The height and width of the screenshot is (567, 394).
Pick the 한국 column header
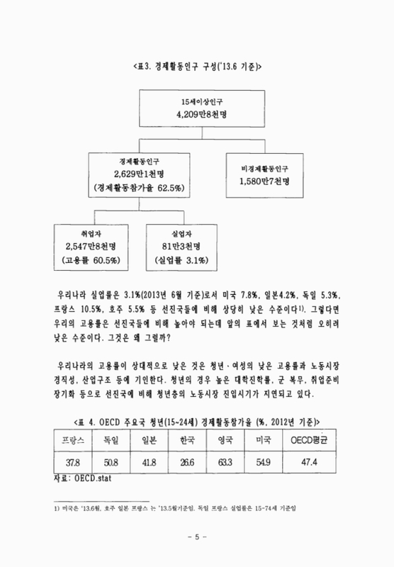187,439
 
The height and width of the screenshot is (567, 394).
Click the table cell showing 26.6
187,462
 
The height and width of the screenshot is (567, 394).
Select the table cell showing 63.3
226,462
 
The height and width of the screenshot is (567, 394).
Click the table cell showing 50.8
111,462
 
